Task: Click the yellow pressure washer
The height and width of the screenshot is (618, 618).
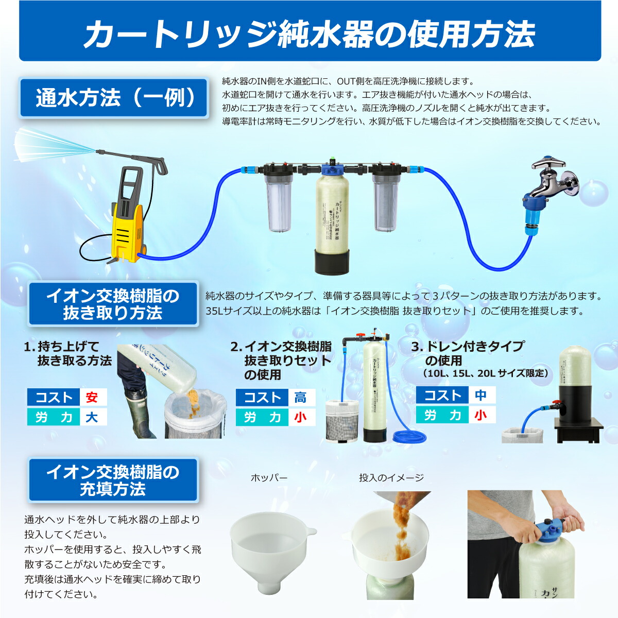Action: (x=127, y=216)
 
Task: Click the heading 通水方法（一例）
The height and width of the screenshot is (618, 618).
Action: (x=114, y=98)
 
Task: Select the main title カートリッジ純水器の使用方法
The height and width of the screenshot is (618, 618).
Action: (x=310, y=34)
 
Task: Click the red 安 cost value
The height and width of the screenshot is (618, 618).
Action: (x=92, y=398)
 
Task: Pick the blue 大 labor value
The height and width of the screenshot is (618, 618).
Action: (x=92, y=417)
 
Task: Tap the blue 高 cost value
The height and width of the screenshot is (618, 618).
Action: (x=300, y=398)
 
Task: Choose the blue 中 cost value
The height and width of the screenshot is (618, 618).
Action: (x=480, y=396)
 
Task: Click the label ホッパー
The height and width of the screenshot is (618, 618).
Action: (x=269, y=478)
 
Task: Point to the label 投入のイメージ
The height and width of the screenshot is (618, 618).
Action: (x=391, y=478)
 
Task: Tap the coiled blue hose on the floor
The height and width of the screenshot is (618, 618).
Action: (x=410, y=437)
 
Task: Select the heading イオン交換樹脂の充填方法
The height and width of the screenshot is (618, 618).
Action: (x=113, y=480)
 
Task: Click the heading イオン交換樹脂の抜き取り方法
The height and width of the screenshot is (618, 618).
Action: (x=113, y=304)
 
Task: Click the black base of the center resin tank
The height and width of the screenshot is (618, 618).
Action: (x=333, y=261)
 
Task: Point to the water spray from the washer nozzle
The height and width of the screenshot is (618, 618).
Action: (x=51, y=144)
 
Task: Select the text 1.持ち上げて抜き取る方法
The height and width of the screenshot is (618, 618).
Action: (x=68, y=353)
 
